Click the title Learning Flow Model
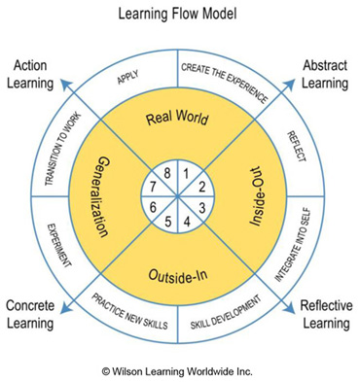(180, 15)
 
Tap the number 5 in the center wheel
(169, 220)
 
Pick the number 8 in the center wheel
(170, 175)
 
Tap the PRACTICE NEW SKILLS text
(129, 316)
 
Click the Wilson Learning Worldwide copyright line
(179, 369)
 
